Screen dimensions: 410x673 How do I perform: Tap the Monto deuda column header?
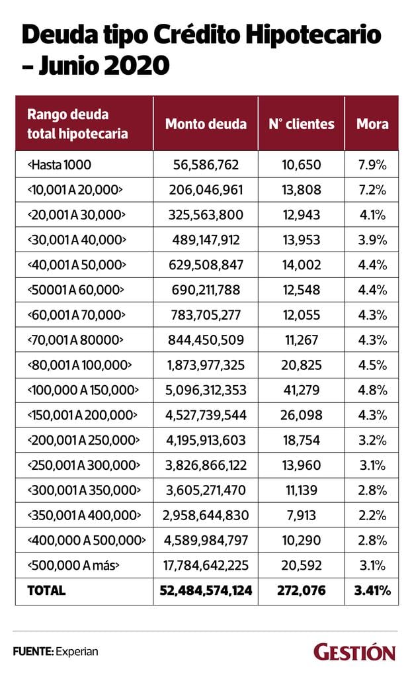(x=206, y=124)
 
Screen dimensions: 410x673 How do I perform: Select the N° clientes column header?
(x=302, y=124)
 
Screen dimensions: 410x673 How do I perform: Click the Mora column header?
(x=372, y=124)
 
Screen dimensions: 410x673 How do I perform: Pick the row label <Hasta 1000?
(x=59, y=164)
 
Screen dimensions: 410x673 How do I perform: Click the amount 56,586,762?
(x=206, y=164)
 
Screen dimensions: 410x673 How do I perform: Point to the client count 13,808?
(x=302, y=190)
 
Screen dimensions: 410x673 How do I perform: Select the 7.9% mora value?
(x=372, y=164)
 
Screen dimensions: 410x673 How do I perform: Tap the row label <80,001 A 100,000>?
(x=79, y=365)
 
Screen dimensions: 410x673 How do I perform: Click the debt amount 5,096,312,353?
(x=206, y=390)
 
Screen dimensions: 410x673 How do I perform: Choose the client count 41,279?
(x=302, y=390)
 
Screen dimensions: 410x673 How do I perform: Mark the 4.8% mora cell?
(x=372, y=390)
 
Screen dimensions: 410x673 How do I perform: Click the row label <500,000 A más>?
(x=73, y=565)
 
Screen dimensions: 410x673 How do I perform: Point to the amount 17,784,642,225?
(x=206, y=565)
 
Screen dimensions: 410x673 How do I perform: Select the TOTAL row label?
(x=46, y=590)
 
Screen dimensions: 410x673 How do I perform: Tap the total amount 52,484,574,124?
(x=206, y=590)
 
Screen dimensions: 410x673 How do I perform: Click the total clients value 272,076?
(x=302, y=590)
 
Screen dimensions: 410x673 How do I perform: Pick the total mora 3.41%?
(x=372, y=590)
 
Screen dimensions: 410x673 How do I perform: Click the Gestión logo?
(x=354, y=652)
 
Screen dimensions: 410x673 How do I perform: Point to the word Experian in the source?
(x=77, y=652)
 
